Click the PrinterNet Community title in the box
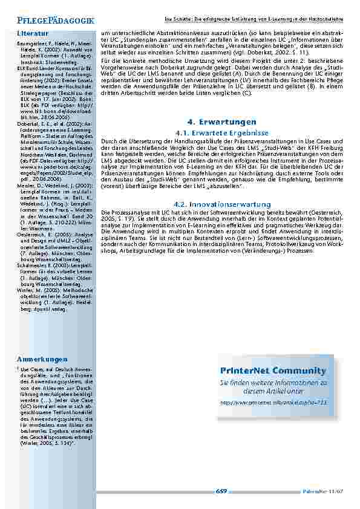[x=273, y=371]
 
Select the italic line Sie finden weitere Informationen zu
[x=273, y=383]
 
